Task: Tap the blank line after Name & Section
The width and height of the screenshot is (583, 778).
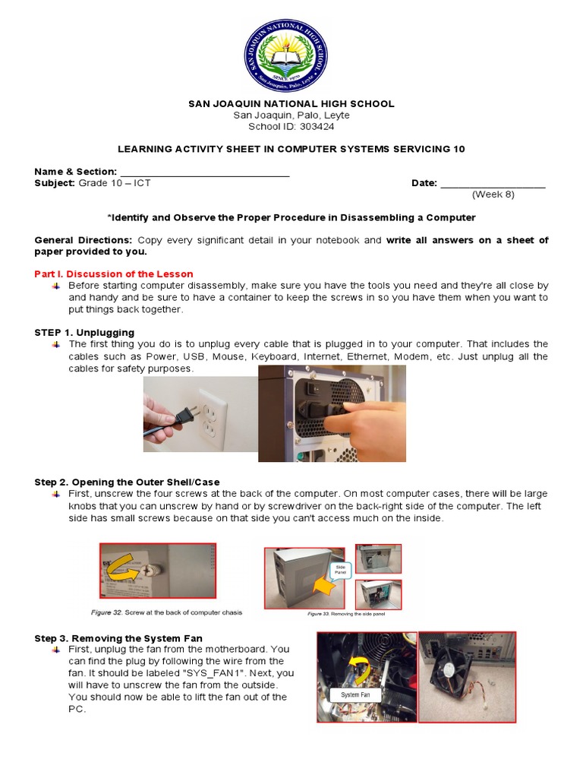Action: click(x=205, y=172)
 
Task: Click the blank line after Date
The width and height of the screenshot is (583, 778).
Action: click(x=493, y=183)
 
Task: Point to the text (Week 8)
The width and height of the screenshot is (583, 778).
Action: click(x=493, y=194)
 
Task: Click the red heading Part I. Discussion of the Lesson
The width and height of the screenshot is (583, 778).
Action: click(x=114, y=274)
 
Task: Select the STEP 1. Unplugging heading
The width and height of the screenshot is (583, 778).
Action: click(x=84, y=332)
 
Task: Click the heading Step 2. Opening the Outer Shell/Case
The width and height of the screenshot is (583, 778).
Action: click(x=127, y=482)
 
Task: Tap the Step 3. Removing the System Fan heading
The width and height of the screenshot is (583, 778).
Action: click(x=118, y=637)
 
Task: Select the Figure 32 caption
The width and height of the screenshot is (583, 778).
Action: click(x=161, y=612)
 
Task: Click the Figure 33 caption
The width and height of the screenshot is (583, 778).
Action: click(x=346, y=613)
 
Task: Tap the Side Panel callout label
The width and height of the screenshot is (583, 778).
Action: click(x=340, y=570)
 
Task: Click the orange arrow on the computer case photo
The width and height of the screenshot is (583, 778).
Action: click(x=326, y=586)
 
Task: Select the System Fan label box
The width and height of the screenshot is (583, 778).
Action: click(x=355, y=694)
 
